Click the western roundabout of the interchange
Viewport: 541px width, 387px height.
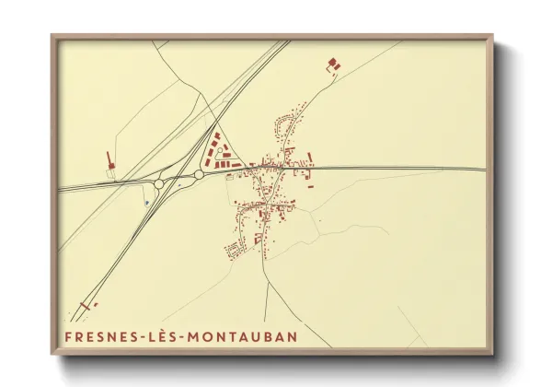pos(159,184)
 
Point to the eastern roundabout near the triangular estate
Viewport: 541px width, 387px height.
pos(199,174)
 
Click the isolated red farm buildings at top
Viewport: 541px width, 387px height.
pos(332,64)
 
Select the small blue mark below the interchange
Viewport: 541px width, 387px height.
pos(146,202)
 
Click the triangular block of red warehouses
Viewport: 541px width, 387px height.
pos(218,150)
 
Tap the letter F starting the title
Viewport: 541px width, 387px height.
pos(69,337)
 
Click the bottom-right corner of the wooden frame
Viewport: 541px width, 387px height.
pos(492,354)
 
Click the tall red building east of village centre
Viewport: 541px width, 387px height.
pos(311,161)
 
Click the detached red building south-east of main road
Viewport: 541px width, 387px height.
pos(309,187)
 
